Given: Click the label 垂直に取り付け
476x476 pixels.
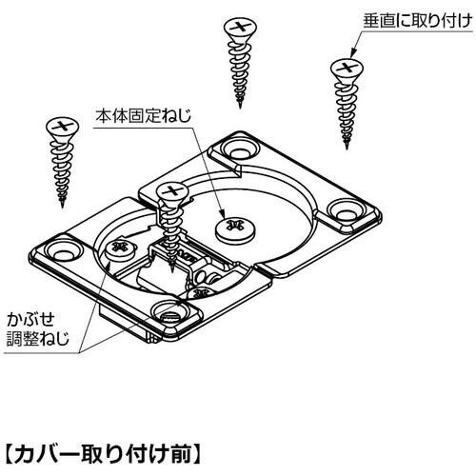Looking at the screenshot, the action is pos(418,21).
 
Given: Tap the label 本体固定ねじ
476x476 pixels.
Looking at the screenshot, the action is pos(144,116).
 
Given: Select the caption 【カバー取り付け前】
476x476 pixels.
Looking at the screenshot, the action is pos(103,454).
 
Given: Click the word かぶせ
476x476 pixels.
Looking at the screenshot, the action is pos(30,319).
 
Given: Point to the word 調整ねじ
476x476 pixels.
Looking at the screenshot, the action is pos(38,338).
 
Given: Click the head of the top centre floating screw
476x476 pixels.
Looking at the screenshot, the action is pos(240,28).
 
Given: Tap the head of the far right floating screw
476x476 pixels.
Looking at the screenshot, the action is pos(347,69).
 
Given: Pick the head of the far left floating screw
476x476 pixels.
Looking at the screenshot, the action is pos(63,128).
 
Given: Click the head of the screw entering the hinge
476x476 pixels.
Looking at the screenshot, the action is pos(173,192).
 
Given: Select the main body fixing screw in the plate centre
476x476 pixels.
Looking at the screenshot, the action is pos(235,229).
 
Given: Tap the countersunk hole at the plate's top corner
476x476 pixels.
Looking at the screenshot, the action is pos(239,149).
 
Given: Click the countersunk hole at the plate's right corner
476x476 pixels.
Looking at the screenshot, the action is pos(346,209).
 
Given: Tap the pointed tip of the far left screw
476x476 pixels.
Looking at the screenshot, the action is pos(62,208).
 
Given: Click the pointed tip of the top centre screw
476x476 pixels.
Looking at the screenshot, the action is pos(240,108).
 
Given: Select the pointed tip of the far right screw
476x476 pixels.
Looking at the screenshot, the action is pos(347,149).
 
